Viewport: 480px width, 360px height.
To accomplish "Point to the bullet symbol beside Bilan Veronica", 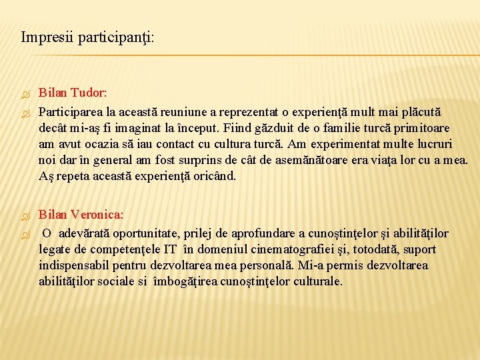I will click(x=27, y=216).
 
